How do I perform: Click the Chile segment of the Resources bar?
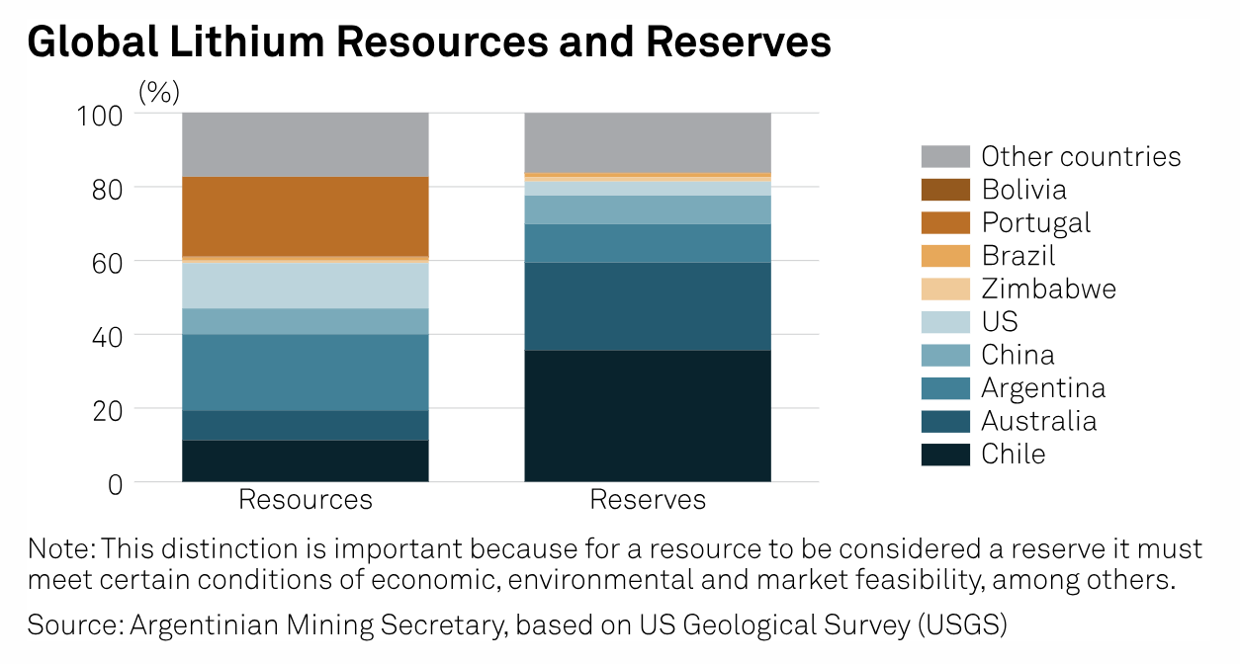tap(305, 460)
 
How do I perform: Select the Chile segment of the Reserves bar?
tap(647, 416)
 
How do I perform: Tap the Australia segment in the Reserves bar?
tap(647, 306)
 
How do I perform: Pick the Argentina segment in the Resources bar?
tap(305, 373)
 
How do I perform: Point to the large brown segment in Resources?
tap(305, 216)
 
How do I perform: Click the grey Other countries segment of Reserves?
tap(647, 142)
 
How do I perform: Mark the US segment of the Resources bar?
tap(305, 286)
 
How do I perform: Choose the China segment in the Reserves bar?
tap(647, 209)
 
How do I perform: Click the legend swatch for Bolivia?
tap(945, 190)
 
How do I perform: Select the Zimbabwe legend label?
tap(1048, 289)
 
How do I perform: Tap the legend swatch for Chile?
tap(945, 455)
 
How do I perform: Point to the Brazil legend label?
tap(1019, 256)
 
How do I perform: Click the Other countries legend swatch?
tap(945, 156)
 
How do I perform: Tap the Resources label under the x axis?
tap(305, 500)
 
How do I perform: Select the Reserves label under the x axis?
tap(648, 500)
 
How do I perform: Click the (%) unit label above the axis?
tap(158, 92)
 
